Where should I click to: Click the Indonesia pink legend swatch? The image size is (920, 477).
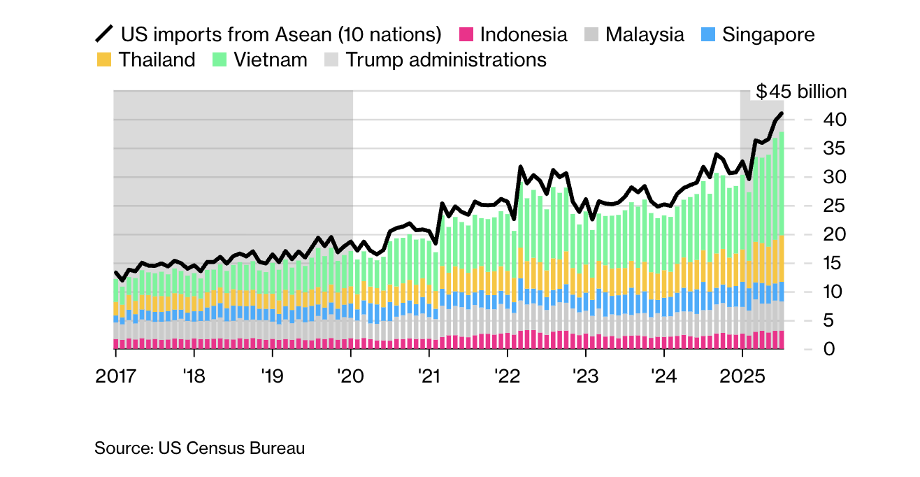click(x=466, y=34)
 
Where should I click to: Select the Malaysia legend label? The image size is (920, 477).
click(x=645, y=34)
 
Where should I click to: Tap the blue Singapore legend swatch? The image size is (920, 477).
click(x=707, y=34)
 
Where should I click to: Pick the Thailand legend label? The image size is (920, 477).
click(x=157, y=59)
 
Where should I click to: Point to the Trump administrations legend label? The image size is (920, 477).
click(x=446, y=59)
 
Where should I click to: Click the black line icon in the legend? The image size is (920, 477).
click(x=103, y=34)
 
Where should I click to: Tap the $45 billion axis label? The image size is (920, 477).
click(x=801, y=92)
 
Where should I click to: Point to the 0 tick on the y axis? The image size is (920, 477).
click(x=831, y=349)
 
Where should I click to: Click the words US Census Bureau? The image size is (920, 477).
click(x=231, y=448)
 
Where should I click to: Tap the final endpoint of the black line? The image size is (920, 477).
click(x=782, y=113)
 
